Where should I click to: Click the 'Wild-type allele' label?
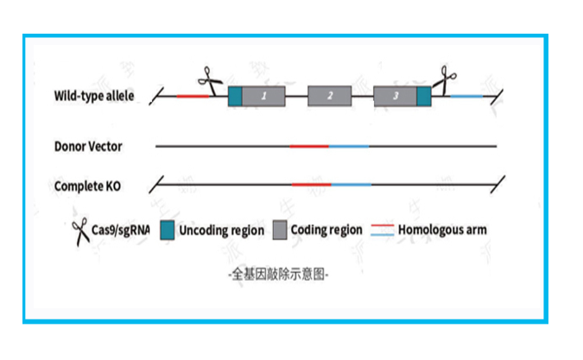[x=93, y=96]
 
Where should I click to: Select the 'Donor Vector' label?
[x=88, y=147]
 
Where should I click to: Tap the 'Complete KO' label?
[x=87, y=186]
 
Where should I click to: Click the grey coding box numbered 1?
[x=263, y=96]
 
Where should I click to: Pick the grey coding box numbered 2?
[x=329, y=96]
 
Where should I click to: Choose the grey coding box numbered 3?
[x=395, y=96]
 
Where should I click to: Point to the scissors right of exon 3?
[x=446, y=79]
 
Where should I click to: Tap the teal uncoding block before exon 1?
[x=235, y=96]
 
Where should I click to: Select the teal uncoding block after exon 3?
[x=423, y=96]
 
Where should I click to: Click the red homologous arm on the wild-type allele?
[x=194, y=96]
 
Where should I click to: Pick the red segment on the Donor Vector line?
[x=309, y=147]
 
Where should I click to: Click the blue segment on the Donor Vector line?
[x=348, y=147]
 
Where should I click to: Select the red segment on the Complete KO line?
[x=312, y=185]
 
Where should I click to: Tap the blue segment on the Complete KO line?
[x=352, y=185]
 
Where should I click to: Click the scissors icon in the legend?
[x=81, y=231]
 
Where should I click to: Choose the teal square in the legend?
[x=168, y=231]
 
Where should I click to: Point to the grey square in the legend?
[x=280, y=231]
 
